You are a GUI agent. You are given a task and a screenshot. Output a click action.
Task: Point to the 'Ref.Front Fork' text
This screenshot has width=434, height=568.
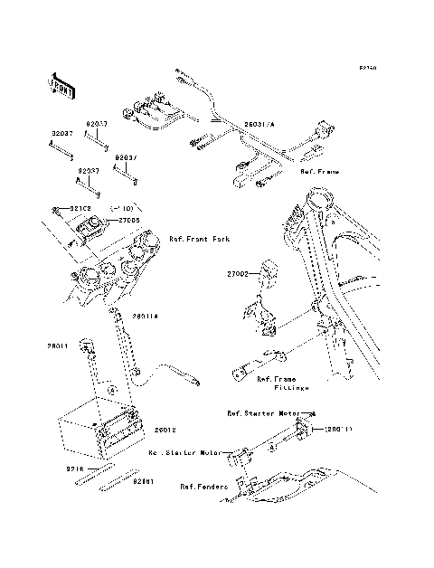click(x=200, y=239)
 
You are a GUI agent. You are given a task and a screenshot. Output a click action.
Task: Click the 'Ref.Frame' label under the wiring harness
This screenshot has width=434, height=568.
click(x=321, y=169)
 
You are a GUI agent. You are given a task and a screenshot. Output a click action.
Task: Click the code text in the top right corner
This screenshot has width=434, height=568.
click(x=367, y=67)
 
